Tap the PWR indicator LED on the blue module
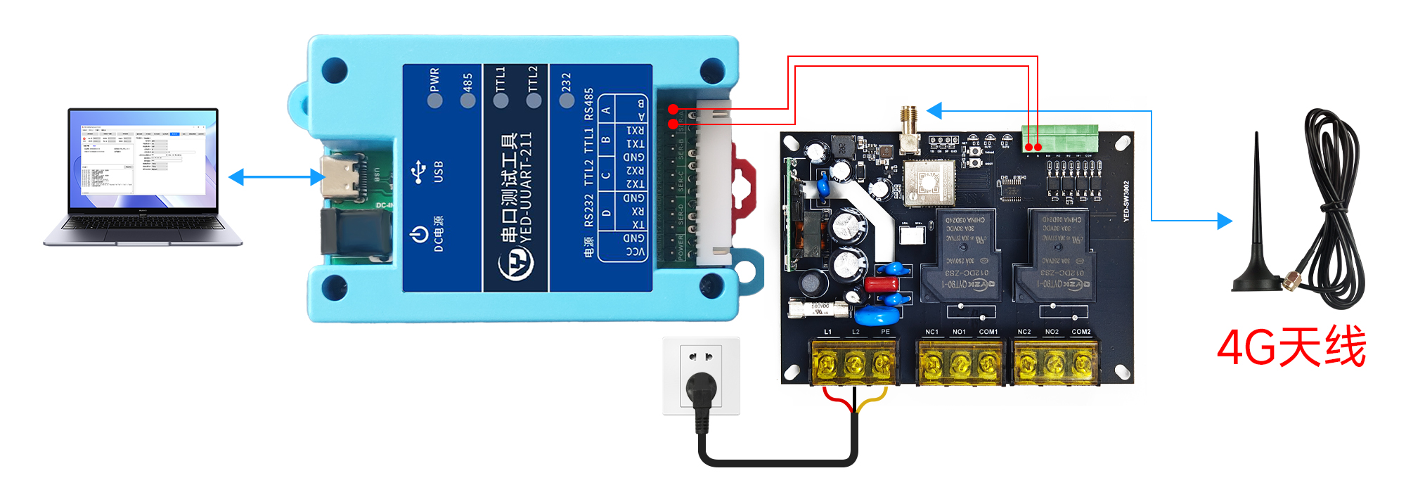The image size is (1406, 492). click(435, 100)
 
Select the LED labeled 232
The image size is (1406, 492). click(567, 100)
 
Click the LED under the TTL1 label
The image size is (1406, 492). click(501, 100)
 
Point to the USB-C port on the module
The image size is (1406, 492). click(342, 176)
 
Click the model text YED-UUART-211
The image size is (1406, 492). click(525, 187)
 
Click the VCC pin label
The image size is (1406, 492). click(636, 252)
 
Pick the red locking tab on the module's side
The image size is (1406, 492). click(744, 187)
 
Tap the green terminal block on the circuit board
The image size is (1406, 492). click(1060, 136)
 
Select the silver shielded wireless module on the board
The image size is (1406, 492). click(929, 182)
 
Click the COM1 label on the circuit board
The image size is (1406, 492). click(988, 332)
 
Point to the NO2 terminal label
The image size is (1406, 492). click(1052, 332)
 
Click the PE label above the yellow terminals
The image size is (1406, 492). click(885, 332)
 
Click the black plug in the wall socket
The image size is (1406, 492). click(701, 390)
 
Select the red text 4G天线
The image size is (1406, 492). click(1291, 347)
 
